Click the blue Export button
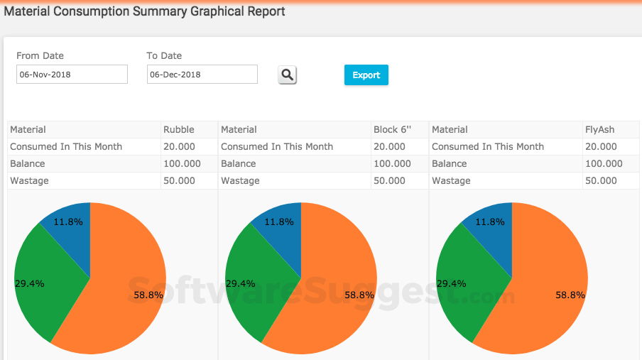(x=366, y=75)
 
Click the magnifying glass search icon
(x=287, y=75)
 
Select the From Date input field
(x=72, y=74)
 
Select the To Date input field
(x=202, y=74)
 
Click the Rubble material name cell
(x=179, y=129)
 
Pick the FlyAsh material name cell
(x=599, y=129)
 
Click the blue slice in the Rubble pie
(x=71, y=234)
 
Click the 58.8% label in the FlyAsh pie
(x=570, y=295)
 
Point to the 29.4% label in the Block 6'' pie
(x=240, y=283)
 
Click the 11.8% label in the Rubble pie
(x=68, y=222)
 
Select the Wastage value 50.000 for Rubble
(x=179, y=180)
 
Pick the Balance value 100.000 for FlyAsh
(x=604, y=163)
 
